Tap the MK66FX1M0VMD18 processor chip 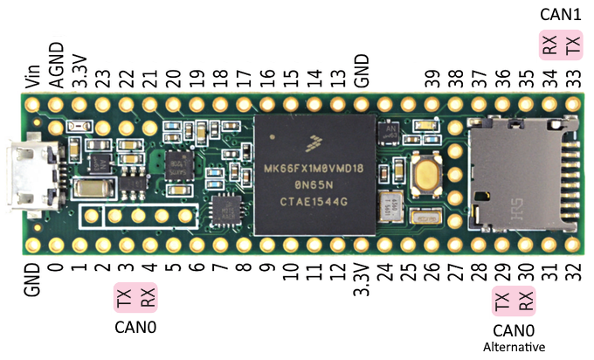tap(314, 175)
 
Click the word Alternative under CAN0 tap(513, 347)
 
